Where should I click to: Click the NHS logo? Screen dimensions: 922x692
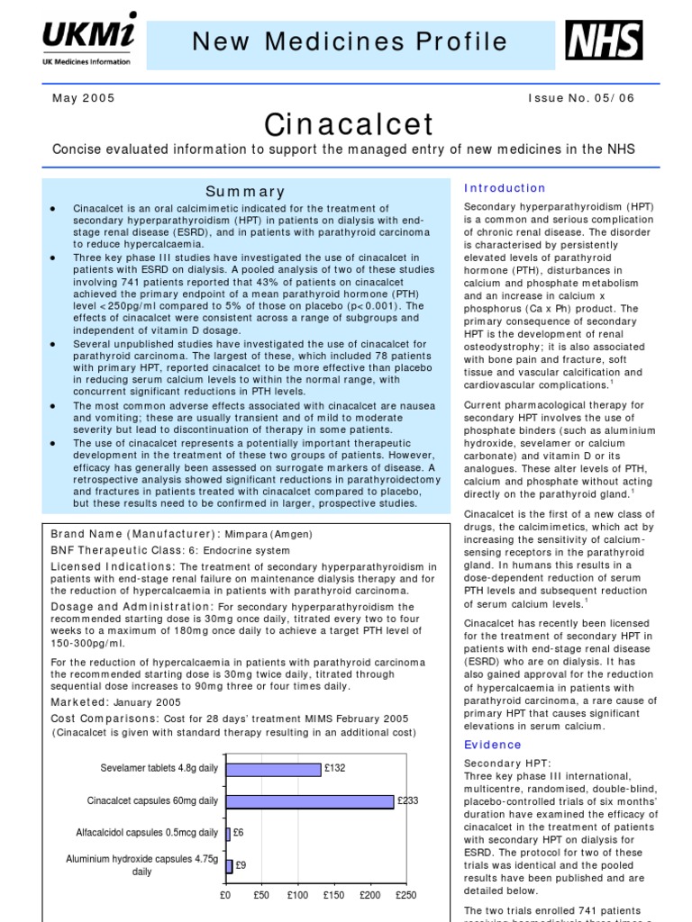pos(604,41)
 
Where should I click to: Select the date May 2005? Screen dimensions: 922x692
pos(83,98)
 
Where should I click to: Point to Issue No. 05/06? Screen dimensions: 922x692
pos(582,98)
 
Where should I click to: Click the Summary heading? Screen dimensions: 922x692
pos(245,192)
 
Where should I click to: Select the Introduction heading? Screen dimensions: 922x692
pos(505,188)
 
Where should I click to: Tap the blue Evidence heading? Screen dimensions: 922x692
pos(493,745)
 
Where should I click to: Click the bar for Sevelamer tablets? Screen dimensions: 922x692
pos(273,769)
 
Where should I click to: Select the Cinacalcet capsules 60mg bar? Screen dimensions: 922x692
pos(309,800)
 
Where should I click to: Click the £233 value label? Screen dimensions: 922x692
pos(407,800)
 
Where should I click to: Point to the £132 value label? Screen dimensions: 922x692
pos(335,769)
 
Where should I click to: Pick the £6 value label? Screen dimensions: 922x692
pos(240,833)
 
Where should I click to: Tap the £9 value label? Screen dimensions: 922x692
pos(242,865)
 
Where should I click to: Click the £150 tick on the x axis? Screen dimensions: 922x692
pos(333,896)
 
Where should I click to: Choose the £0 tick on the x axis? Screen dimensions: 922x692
pos(225,896)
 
